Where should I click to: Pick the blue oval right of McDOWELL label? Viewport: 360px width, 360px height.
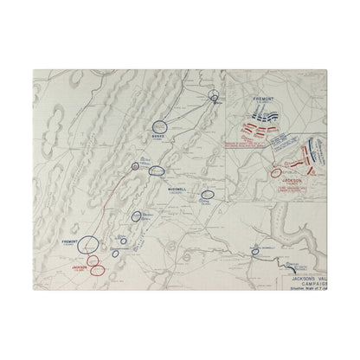tap(207, 196)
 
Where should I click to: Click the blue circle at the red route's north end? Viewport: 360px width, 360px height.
tap(135, 166)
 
